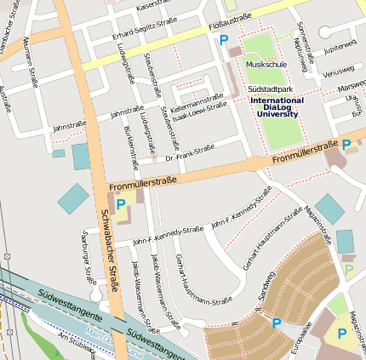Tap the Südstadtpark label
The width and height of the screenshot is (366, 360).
click(x=271, y=89)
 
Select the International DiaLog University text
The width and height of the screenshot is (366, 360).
click(x=277, y=106)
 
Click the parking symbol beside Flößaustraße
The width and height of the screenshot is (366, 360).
click(x=224, y=40)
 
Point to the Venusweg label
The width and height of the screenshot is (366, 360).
click(x=338, y=71)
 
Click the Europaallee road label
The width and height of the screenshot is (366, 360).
click(x=295, y=339)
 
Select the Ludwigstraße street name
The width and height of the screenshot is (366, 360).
click(x=125, y=61)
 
